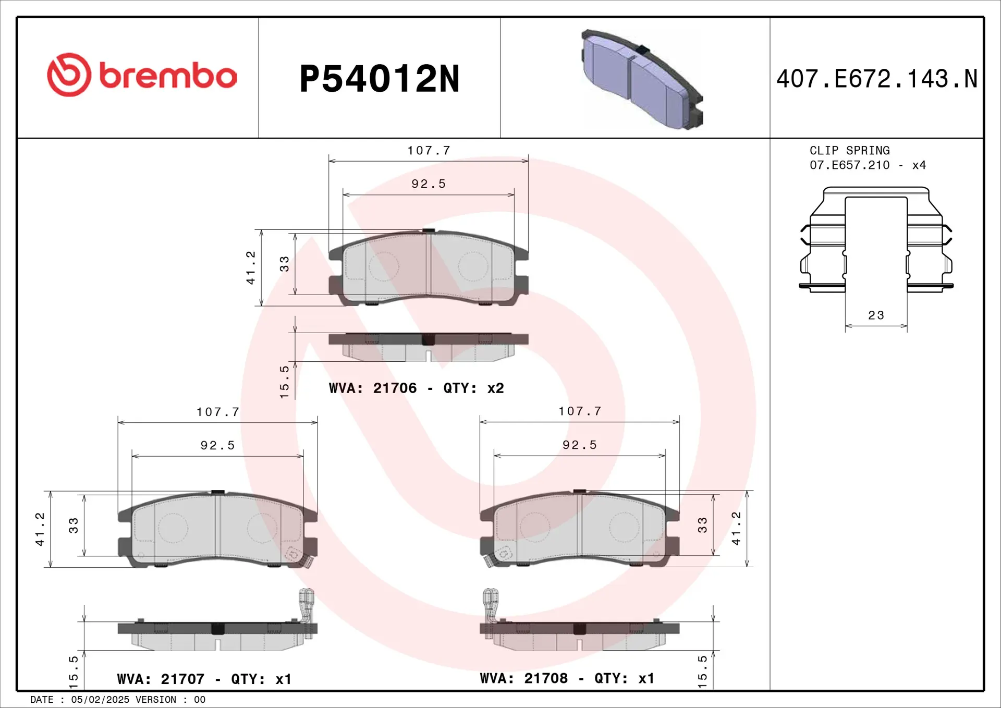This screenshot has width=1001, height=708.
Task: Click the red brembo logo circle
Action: point(69,75)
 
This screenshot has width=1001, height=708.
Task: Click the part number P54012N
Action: point(379,79)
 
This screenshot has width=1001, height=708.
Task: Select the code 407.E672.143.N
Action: point(876,79)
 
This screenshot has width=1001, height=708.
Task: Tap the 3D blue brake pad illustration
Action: point(642,79)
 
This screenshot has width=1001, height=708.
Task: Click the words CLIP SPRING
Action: point(849,151)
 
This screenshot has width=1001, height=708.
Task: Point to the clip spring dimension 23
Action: point(876,315)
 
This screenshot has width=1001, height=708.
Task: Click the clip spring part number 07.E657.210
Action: point(849,165)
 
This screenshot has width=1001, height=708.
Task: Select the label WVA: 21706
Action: point(373,388)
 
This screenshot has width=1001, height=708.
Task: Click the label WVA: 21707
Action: point(161,679)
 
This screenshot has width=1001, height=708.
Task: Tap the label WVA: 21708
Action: point(523,678)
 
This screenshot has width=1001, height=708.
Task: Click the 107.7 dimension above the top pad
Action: point(429,151)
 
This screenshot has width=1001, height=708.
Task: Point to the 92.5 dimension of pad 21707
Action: point(217,445)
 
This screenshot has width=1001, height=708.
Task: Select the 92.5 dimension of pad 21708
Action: point(579,445)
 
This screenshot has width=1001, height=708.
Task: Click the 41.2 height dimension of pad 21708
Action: point(736,528)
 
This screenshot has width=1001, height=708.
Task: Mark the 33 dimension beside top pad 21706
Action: point(284,263)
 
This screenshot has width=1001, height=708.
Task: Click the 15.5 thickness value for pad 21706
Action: point(284,382)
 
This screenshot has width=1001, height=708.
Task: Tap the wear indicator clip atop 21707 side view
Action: point(306,605)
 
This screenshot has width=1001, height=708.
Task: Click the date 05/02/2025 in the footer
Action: point(100,700)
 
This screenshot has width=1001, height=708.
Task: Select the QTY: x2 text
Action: point(473,388)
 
